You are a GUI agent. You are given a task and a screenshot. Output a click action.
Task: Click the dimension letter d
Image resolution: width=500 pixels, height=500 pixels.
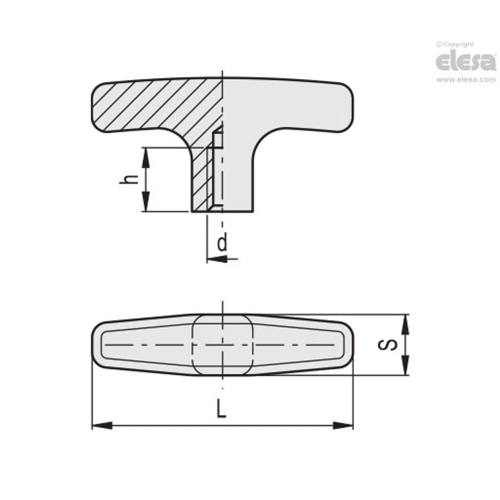point(222,243)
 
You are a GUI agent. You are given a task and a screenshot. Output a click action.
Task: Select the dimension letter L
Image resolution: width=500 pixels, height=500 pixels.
point(222,409)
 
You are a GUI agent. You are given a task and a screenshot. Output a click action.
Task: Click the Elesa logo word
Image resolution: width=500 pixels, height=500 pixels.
point(465,62)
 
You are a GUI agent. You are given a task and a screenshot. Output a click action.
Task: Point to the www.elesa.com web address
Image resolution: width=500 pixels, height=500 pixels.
point(466,80)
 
